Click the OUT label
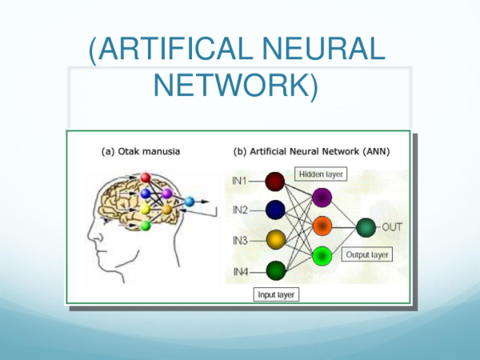[x=392, y=227]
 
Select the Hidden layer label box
[x=320, y=173]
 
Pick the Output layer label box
[x=367, y=255]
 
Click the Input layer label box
[x=276, y=294]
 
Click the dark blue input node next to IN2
[x=274, y=210]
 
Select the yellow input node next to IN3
[x=274, y=240]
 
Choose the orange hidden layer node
[x=324, y=226]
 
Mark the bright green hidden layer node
[x=324, y=256]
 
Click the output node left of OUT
[x=367, y=227]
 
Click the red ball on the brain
[x=146, y=176]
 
